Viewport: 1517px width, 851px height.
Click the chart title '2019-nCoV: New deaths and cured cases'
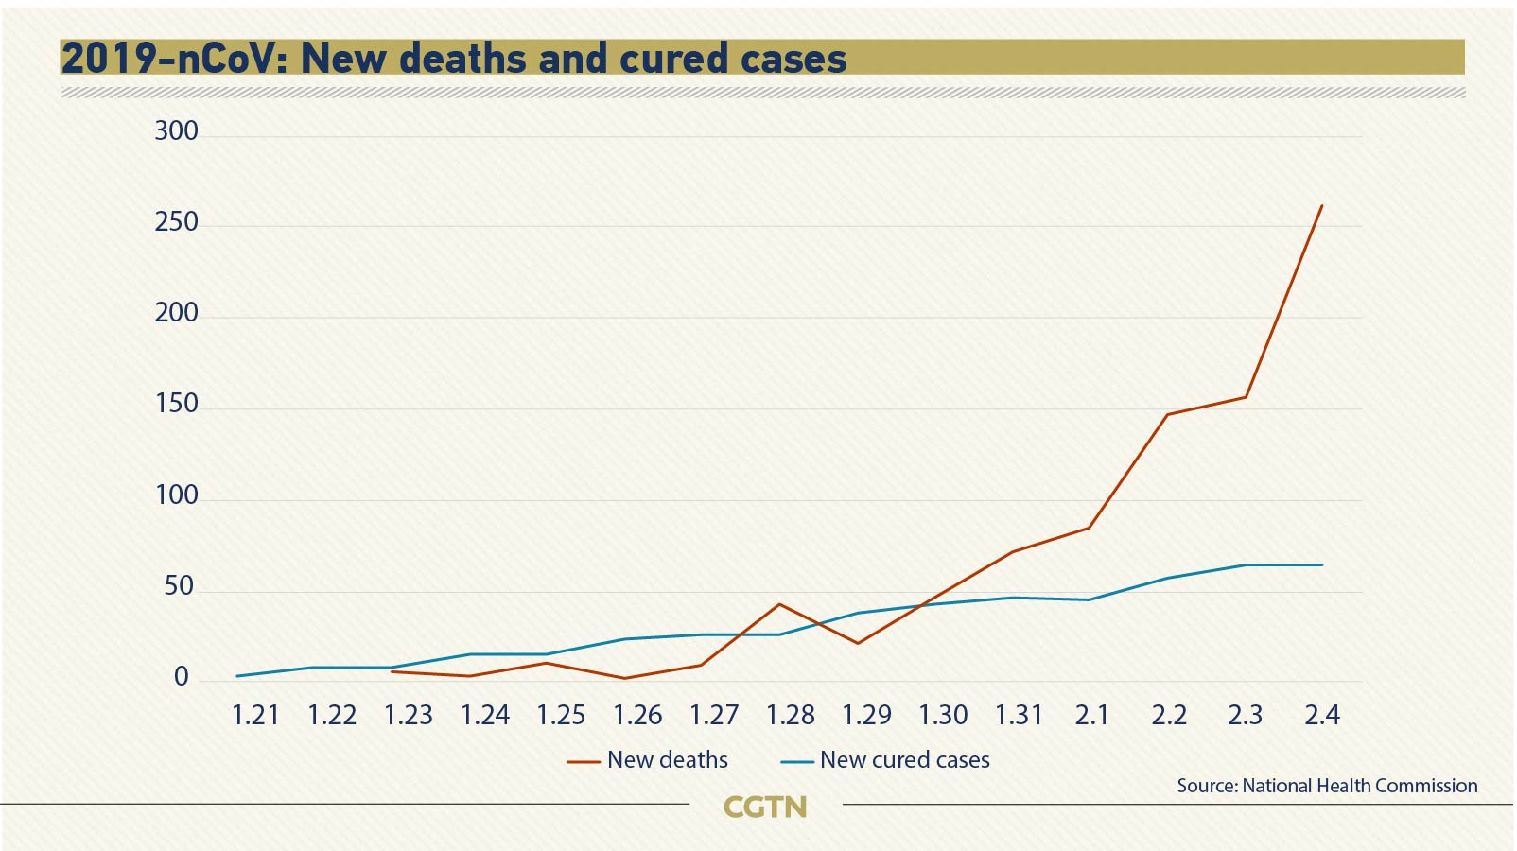pyautogui.click(x=454, y=58)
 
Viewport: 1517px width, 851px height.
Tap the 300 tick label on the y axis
pyautogui.click(x=177, y=130)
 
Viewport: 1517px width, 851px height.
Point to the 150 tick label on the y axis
pyautogui.click(x=177, y=404)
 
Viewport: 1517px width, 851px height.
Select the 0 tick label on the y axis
pyautogui.click(x=182, y=677)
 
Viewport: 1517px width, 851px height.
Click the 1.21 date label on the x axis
pyautogui.click(x=255, y=715)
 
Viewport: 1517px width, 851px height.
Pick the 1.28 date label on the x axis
pyautogui.click(x=790, y=715)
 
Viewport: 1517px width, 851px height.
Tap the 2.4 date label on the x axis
pyautogui.click(x=1321, y=715)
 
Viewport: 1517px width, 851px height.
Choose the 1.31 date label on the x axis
pyautogui.click(x=1019, y=715)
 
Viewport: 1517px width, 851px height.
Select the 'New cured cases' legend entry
pyautogui.click(x=885, y=760)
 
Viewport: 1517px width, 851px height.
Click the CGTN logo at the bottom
pyautogui.click(x=765, y=807)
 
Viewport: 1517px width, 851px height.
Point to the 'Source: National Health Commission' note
pyautogui.click(x=1327, y=786)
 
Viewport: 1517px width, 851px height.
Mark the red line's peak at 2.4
pyautogui.click(x=1321, y=205)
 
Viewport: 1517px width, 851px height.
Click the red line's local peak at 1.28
pyautogui.click(x=779, y=604)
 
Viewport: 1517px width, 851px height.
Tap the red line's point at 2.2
pyautogui.click(x=1167, y=414)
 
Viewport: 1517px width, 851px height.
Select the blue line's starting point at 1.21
pyautogui.click(x=237, y=676)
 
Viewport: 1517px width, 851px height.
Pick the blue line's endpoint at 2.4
pyautogui.click(x=1321, y=564)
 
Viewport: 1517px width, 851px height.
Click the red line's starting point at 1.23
pyautogui.click(x=392, y=671)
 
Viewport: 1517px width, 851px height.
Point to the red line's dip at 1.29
pyautogui.click(x=857, y=643)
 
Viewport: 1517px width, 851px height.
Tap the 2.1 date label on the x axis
pyautogui.click(x=1091, y=715)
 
